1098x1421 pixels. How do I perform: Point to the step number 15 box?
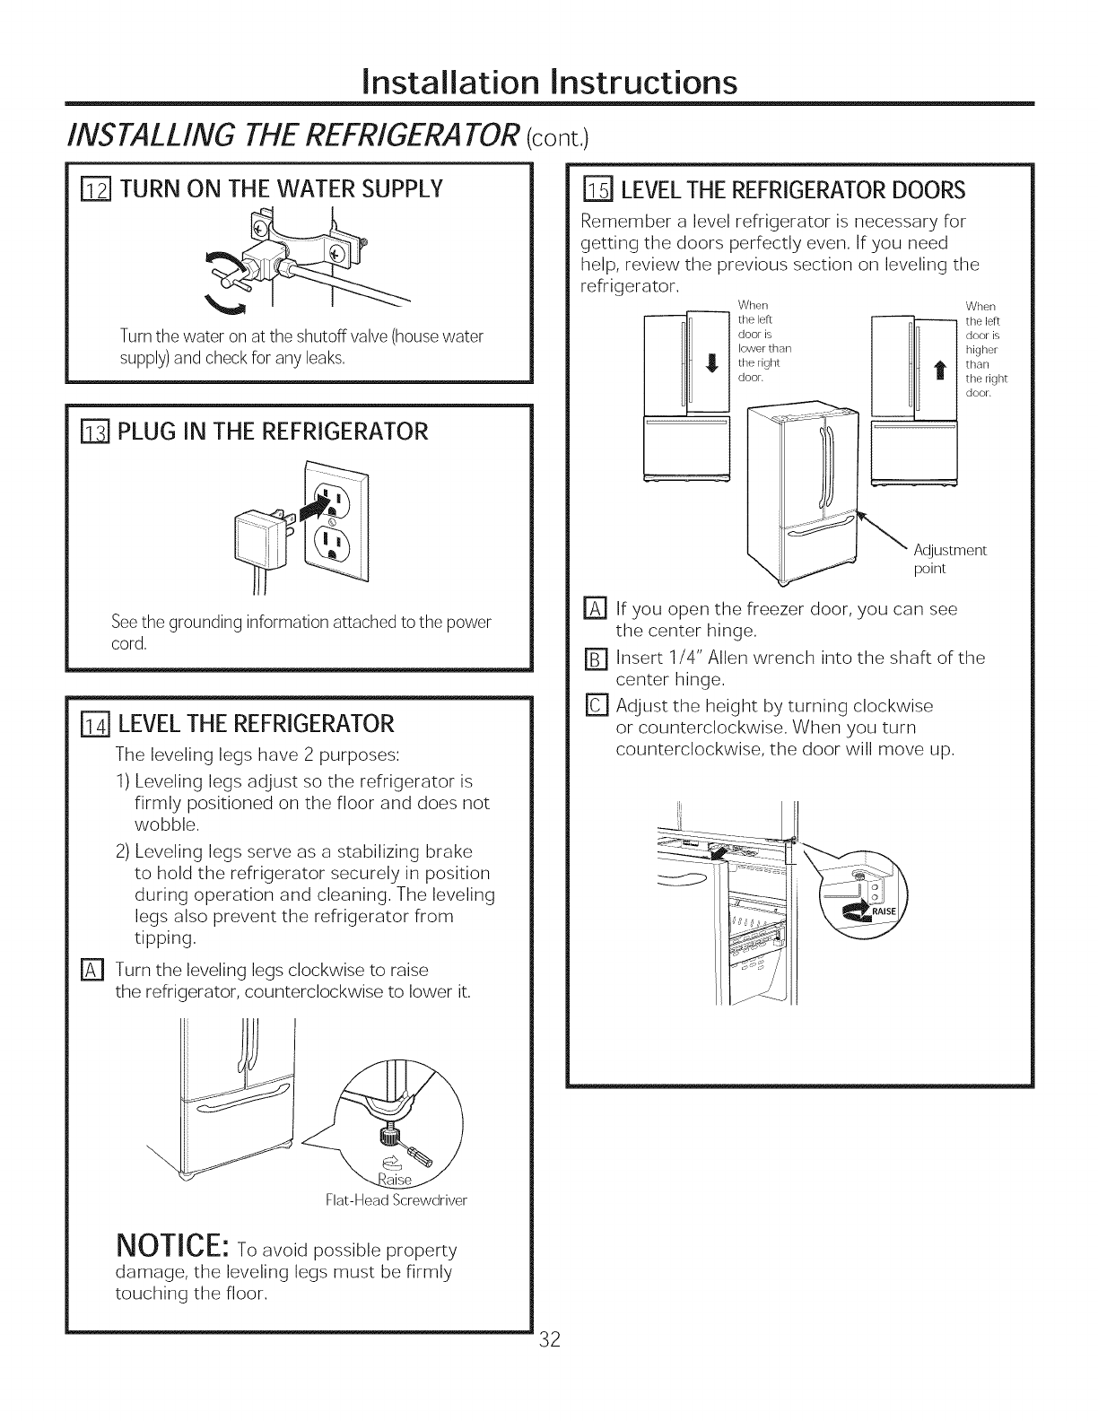pos(596,190)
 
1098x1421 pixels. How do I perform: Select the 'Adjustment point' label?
pos(949,559)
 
